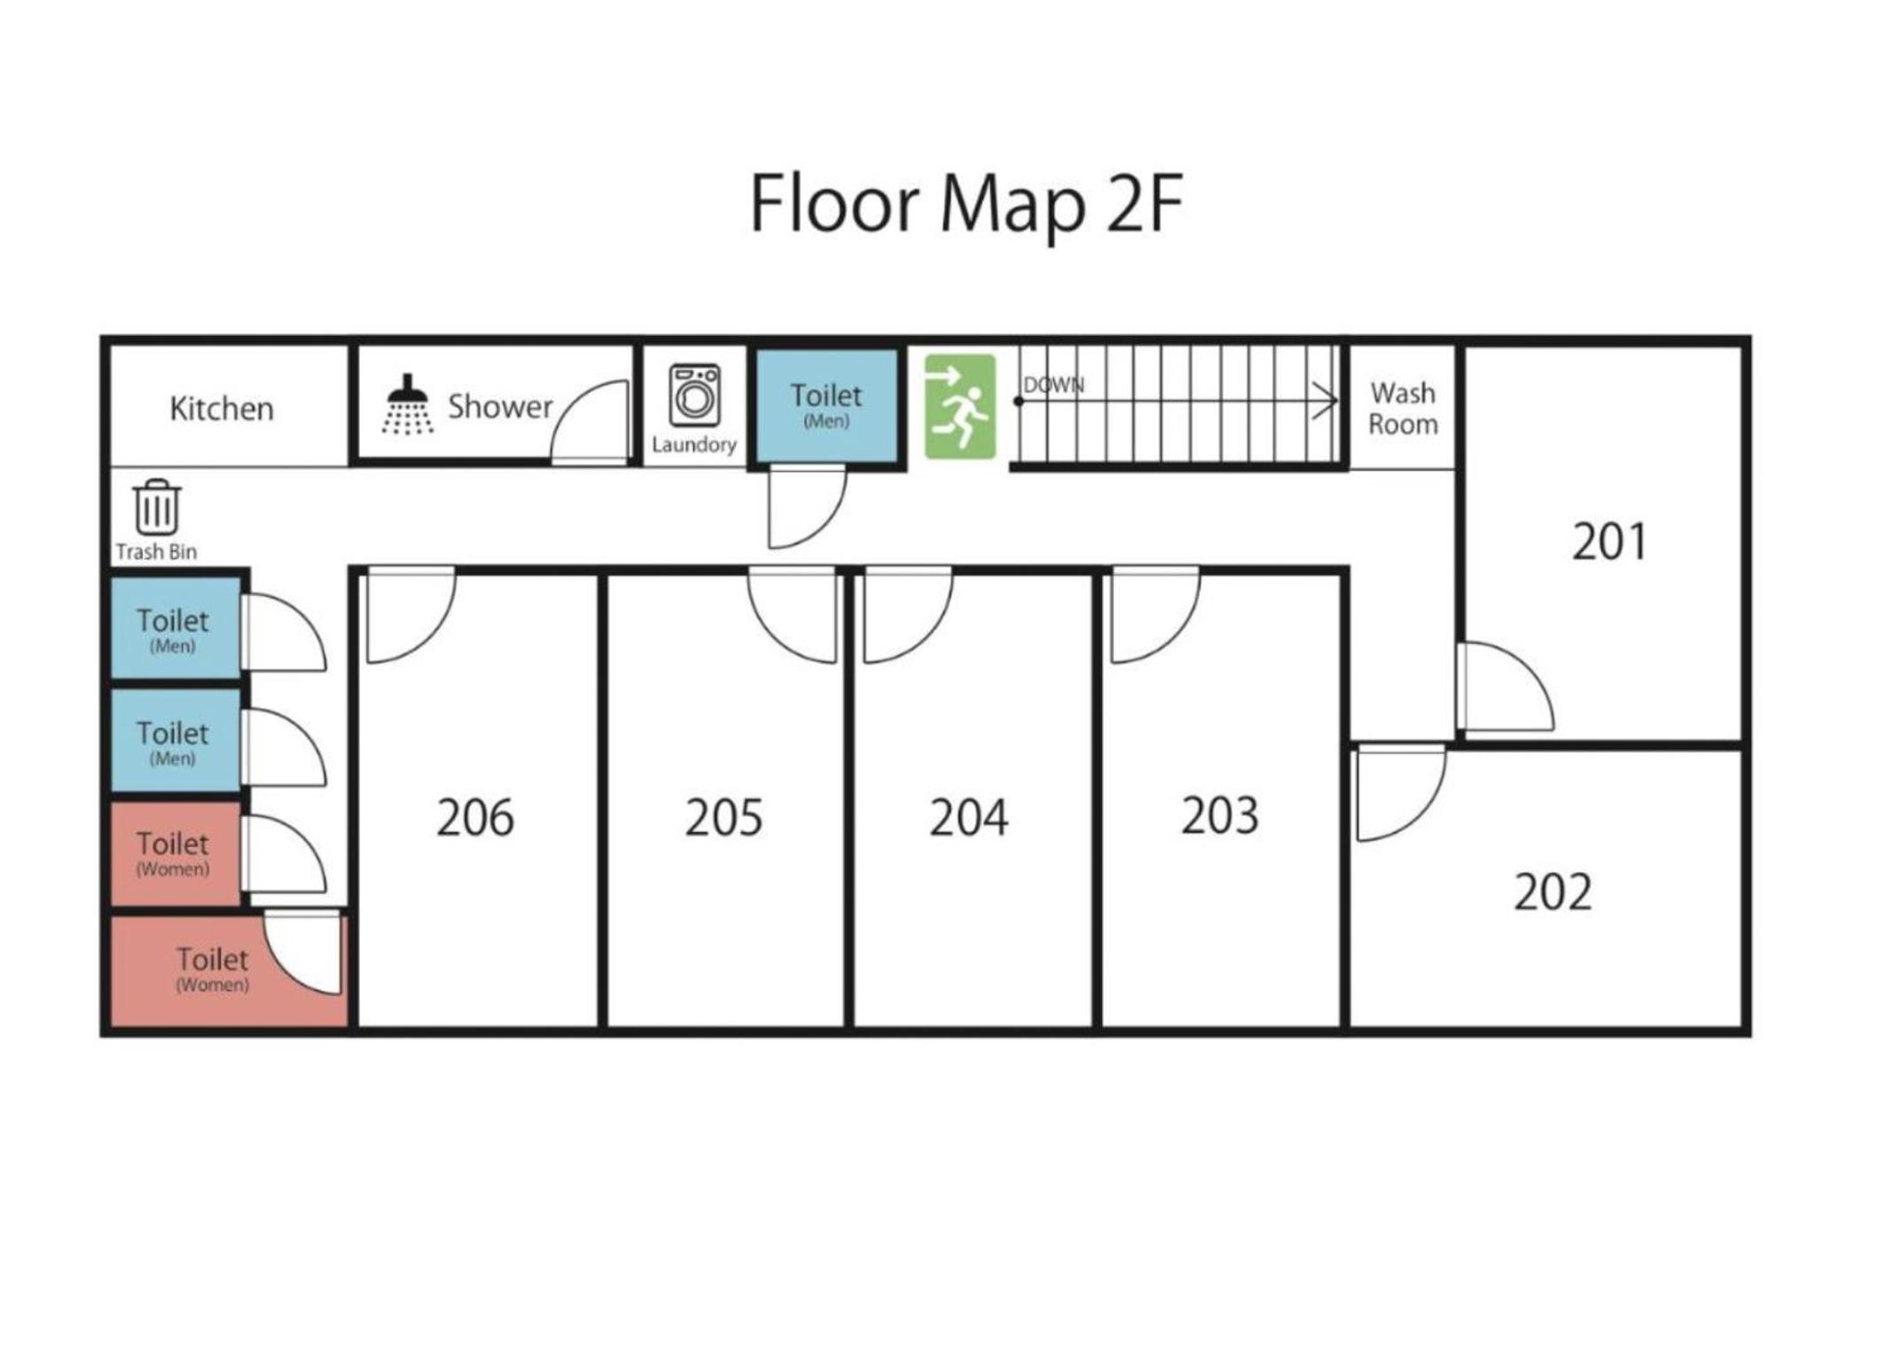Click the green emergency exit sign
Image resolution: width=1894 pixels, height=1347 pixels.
tap(959, 406)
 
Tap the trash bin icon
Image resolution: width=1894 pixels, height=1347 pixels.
tap(157, 506)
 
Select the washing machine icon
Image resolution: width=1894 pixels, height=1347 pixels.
tap(694, 395)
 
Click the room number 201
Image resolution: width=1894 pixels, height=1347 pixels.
tap(1609, 541)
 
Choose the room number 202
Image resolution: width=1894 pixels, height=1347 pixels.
tap(1553, 892)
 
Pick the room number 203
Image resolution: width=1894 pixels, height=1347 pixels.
tap(1219, 815)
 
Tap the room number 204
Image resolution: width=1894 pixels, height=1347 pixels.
tap(968, 817)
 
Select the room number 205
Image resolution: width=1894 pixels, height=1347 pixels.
tap(724, 817)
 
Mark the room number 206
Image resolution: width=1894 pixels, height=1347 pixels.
tap(474, 817)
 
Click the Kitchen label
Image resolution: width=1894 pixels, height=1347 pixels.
tap(222, 408)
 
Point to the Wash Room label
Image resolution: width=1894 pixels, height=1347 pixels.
tap(1403, 408)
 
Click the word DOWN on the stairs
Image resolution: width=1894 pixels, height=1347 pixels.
tap(1053, 385)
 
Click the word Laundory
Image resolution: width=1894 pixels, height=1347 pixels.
tap(694, 444)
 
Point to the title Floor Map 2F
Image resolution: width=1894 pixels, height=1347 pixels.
tap(967, 204)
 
